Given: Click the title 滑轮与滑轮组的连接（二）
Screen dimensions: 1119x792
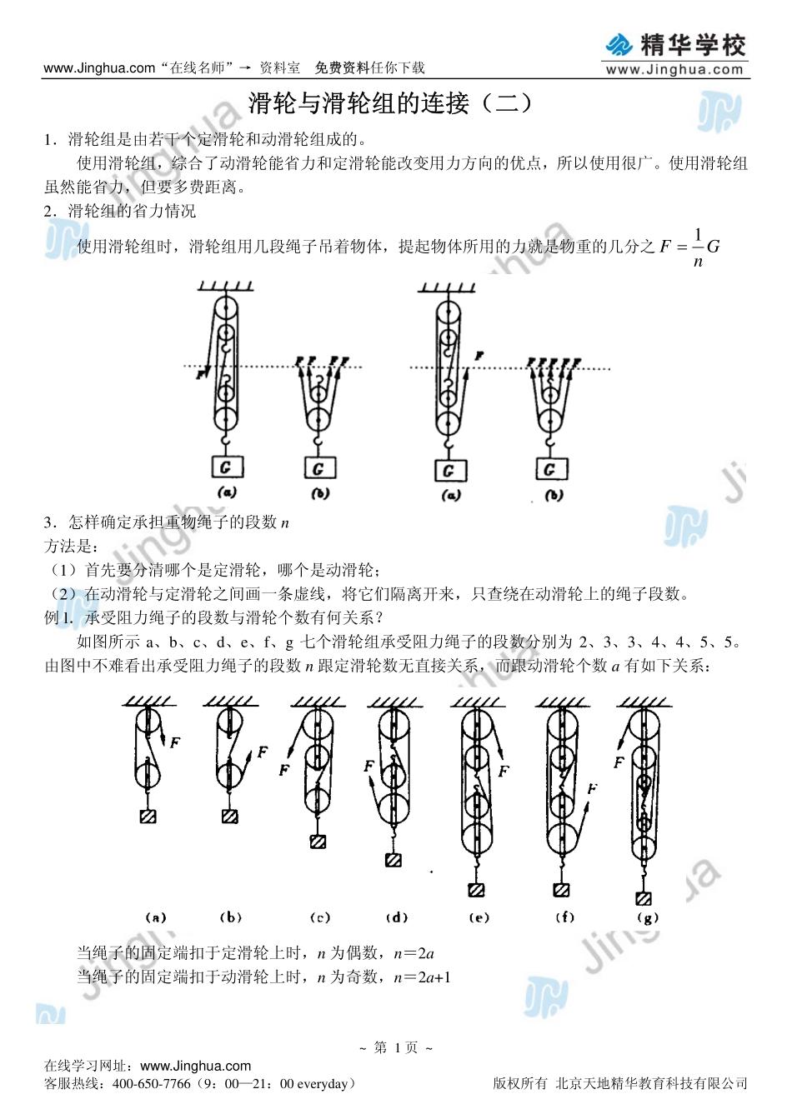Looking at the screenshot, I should click(390, 103).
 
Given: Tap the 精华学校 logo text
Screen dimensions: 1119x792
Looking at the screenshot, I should click(693, 44).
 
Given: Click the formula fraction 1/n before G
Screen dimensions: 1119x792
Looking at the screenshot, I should click(698, 247).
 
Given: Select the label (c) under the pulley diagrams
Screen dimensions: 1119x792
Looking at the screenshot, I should click(320, 917).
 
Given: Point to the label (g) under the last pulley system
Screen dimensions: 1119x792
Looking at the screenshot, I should click(647, 917).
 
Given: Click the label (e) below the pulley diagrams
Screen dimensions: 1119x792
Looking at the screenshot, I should click(479, 917).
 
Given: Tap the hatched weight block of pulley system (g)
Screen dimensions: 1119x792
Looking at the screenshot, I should click(644, 898).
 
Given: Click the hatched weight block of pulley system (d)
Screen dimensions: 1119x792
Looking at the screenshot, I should click(393, 860).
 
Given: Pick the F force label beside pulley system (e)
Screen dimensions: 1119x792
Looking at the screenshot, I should click(504, 772).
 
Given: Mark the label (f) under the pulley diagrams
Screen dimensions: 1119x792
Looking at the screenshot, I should click(564, 917).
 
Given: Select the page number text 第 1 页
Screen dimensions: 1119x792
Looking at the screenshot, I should click(396, 1047).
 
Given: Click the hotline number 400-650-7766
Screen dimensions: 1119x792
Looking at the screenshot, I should click(151, 1084).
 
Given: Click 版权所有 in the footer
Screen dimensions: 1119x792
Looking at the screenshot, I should click(520, 1083).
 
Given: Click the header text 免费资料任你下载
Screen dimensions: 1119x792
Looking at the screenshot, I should click(369, 68).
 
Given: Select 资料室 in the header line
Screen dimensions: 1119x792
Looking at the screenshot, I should click(279, 68).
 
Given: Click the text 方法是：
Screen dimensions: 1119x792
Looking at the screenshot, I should click(72, 547).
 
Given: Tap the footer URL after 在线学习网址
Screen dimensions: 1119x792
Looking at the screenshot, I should click(196, 1066).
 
